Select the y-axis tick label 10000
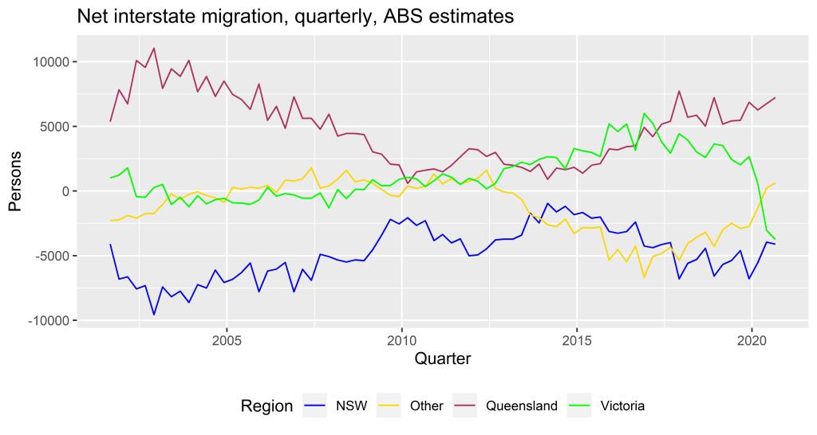point(51,62)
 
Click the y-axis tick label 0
point(66,191)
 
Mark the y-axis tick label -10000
point(49,320)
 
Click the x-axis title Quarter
point(442,359)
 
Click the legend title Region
point(266,406)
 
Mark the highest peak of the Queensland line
point(153,48)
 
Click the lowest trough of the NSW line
point(153,315)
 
